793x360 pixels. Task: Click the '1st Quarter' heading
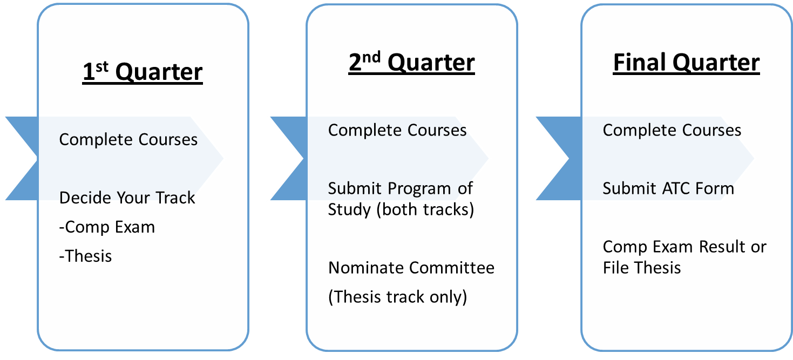pos(143,72)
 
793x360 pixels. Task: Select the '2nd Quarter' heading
pos(411,62)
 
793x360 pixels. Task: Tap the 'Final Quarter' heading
pos(686,62)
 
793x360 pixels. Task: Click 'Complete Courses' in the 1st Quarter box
pos(128,139)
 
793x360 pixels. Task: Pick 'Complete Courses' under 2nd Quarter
pos(397,130)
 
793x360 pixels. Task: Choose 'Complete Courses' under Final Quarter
pos(672,130)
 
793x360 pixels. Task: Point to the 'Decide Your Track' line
pos(127,198)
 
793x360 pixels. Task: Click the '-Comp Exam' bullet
pos(107,227)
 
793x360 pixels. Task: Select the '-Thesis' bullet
pos(85,256)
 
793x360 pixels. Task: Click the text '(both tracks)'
pos(425,209)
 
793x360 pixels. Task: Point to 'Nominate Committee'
pos(411,268)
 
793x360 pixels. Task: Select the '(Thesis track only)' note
pos(397,297)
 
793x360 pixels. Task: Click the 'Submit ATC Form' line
pos(668,188)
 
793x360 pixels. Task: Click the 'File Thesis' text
pos(642,268)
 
